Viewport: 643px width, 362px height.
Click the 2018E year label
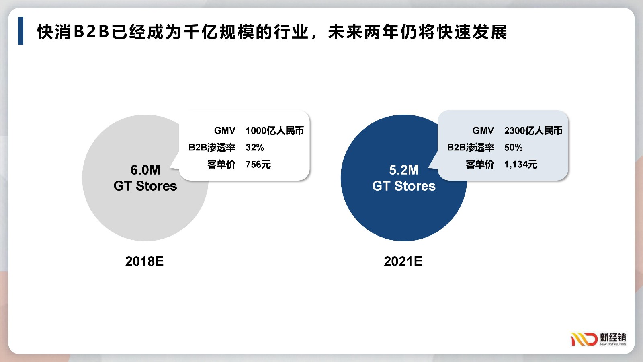pyautogui.click(x=144, y=261)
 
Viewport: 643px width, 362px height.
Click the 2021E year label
pyautogui.click(x=403, y=261)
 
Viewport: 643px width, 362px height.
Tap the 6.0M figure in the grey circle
pyautogui.click(x=145, y=170)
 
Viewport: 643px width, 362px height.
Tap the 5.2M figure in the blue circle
pyautogui.click(x=404, y=170)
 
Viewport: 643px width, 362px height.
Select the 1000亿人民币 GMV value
pyautogui.click(x=275, y=130)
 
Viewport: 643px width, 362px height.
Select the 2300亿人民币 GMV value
pyautogui.click(x=533, y=130)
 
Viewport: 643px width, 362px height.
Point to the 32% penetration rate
pyautogui.click(x=255, y=147)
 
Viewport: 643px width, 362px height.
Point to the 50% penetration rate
pyautogui.click(x=513, y=147)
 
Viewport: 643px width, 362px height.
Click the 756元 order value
pyautogui.click(x=258, y=165)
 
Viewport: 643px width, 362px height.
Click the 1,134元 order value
pyautogui.click(x=521, y=165)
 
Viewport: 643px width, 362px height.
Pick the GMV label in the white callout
pyautogui.click(x=225, y=130)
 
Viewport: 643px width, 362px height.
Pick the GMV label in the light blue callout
pyautogui.click(x=483, y=130)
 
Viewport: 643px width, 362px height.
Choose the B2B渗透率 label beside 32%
pyautogui.click(x=212, y=147)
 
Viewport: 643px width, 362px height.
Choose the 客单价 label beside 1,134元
pyautogui.click(x=480, y=165)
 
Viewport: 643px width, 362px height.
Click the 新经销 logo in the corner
pyautogui.click(x=598, y=339)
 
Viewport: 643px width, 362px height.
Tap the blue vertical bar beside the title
pyautogui.click(x=20, y=31)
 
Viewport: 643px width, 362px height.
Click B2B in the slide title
pyautogui.click(x=92, y=32)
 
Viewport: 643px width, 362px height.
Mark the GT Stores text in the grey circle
pyautogui.click(x=145, y=186)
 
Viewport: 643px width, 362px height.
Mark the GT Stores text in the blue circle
pyautogui.click(x=404, y=186)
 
